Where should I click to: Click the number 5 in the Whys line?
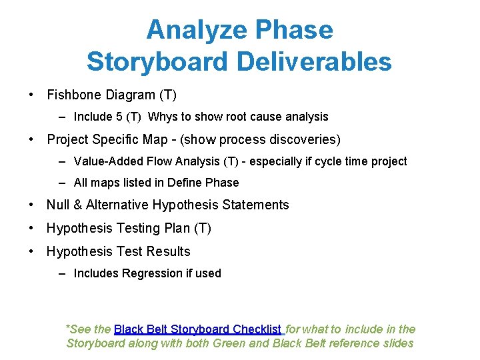pos(119,117)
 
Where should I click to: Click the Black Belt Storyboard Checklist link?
pos(198,329)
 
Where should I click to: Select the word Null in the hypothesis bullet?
pos(58,205)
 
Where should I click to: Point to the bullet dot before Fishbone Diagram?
pos(31,95)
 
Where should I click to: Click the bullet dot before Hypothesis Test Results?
pos(31,252)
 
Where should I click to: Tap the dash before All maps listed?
pos(61,183)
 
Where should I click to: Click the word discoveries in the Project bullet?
pos(303,140)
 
